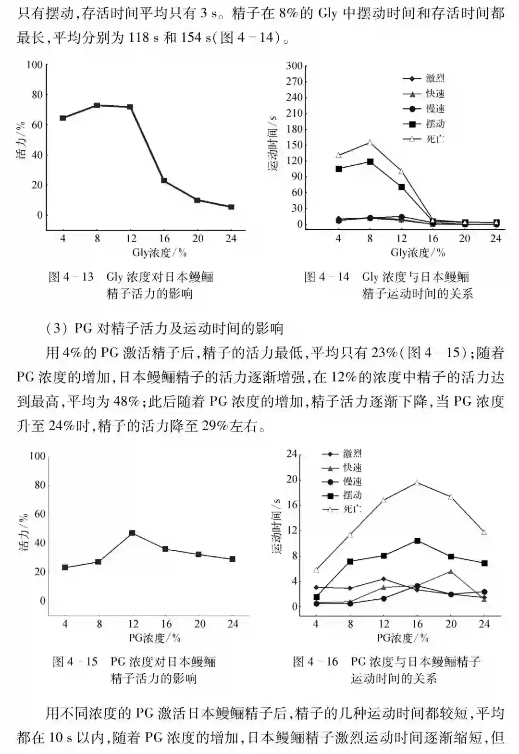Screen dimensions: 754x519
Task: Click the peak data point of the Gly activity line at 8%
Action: (97, 105)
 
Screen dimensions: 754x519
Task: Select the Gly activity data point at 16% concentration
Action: (164, 181)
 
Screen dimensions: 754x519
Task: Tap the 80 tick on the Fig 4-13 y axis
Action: (37, 95)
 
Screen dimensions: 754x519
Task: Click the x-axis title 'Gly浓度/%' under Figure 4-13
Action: (159, 252)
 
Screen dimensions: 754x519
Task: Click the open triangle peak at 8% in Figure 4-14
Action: (370, 142)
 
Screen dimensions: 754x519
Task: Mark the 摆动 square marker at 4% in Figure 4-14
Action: (339, 169)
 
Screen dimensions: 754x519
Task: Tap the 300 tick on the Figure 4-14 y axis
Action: (294, 66)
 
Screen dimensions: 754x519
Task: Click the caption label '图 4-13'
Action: (71, 277)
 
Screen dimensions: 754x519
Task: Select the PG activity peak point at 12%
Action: (132, 533)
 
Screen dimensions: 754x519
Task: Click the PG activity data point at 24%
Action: (233, 559)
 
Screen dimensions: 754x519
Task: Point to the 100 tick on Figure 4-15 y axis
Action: (37, 456)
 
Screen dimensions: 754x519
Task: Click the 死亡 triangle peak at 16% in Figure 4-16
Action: (417, 482)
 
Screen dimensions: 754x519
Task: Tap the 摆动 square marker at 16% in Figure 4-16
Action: (417, 541)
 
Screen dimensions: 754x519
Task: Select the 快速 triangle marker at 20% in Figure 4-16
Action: (451, 571)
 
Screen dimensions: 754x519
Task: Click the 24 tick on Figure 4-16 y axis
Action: (292, 454)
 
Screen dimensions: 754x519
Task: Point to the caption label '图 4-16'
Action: (316, 662)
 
